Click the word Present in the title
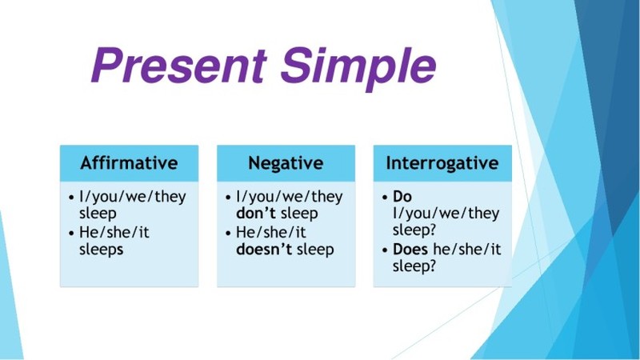179,65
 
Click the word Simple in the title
358,68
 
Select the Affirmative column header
129,163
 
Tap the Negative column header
286,163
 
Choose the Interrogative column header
442,163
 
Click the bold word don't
256,213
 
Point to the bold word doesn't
264,249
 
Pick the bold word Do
402,196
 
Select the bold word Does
410,249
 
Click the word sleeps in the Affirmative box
102,250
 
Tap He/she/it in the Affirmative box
114,232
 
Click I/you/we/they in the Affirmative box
133,197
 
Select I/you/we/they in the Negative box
290,197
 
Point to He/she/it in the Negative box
271,232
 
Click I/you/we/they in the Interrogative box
446,213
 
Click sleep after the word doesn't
315,250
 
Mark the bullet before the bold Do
385,198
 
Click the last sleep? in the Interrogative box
414,266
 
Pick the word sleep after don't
299,214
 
